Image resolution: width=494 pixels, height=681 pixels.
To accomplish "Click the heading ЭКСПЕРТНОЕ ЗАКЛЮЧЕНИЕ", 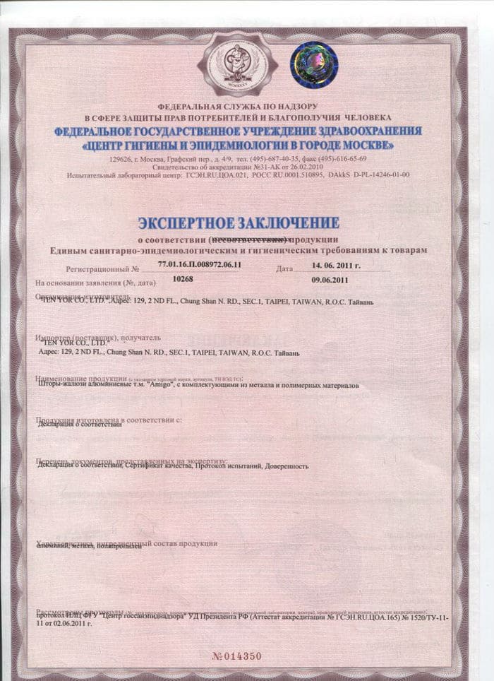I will tap(238, 223).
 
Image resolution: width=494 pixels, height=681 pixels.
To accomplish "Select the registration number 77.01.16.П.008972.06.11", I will tap(201, 264).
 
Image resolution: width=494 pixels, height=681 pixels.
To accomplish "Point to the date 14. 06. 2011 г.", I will tap(336, 266).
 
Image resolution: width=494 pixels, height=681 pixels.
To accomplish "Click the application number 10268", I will tap(183, 279).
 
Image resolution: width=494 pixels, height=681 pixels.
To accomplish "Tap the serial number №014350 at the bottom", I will tap(237, 656).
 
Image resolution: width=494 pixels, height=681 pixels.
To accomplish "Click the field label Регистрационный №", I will tap(103, 269).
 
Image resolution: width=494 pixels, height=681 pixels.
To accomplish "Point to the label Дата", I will tap(285, 269).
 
